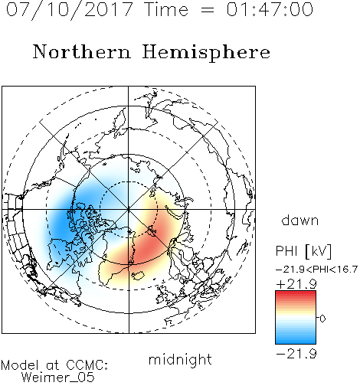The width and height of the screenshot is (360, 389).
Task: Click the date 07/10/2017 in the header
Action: point(70,9)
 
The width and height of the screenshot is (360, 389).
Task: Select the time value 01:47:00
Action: point(270,9)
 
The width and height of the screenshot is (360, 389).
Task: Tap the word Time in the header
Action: point(166,9)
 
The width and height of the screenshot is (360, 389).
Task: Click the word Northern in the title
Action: point(82,51)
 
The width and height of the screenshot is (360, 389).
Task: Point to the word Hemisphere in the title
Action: point(206,52)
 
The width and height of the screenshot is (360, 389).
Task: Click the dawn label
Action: point(300,220)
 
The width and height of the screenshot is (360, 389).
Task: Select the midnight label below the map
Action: point(180,359)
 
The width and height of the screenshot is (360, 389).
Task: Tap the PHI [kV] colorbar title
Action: point(303,251)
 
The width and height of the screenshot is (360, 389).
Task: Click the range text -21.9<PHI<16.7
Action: point(316,270)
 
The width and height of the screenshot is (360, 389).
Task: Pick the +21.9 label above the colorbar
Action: point(296,284)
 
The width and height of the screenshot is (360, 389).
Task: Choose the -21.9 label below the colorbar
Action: point(296,354)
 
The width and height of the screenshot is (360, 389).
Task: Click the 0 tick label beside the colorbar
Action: point(322,319)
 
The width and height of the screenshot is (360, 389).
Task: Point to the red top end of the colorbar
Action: point(296,293)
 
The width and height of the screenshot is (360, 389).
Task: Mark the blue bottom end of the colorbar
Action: point(296,342)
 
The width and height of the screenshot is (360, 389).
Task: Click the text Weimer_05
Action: point(57,378)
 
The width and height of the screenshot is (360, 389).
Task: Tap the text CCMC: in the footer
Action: point(87,365)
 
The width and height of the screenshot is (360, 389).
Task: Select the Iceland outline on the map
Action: point(138,276)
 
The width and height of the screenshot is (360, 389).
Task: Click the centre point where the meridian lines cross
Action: point(129,209)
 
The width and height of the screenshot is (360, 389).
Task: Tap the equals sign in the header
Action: point(207,10)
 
